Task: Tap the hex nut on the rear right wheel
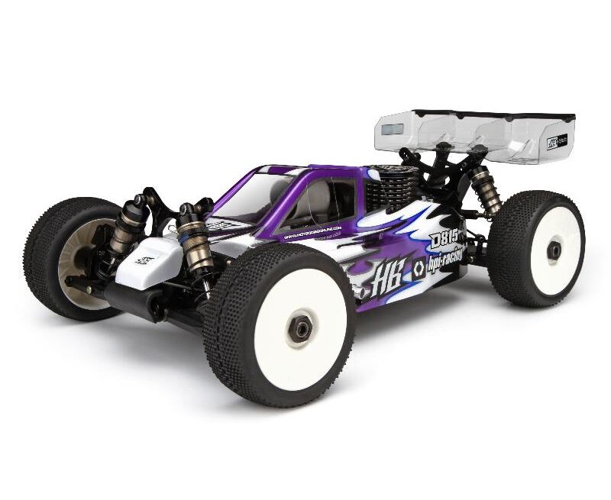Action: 554,250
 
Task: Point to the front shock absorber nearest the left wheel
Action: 126,229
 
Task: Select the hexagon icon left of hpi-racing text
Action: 419,268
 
